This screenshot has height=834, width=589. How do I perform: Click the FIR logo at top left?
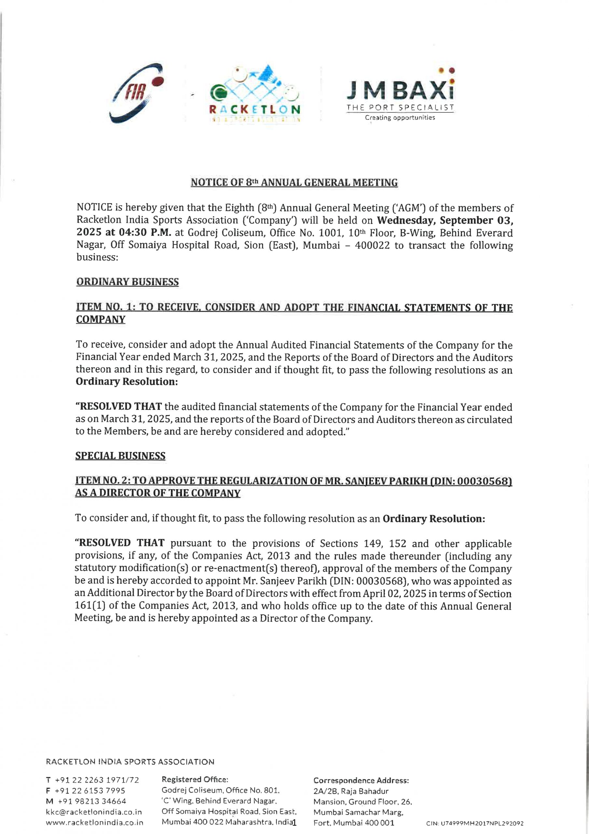pyautogui.click(x=136, y=93)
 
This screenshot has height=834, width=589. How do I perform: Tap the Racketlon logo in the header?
pyautogui.click(x=255, y=94)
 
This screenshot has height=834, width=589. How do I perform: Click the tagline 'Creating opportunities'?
pyautogui.click(x=400, y=118)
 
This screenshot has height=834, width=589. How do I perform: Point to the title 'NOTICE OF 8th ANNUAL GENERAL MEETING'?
pyautogui.click(x=294, y=182)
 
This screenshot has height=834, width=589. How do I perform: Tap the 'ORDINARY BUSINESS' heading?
pyautogui.click(x=127, y=282)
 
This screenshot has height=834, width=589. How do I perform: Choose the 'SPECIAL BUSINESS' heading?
pyautogui.click(x=120, y=455)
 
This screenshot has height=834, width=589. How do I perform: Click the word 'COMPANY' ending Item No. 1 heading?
pyautogui.click(x=101, y=320)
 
